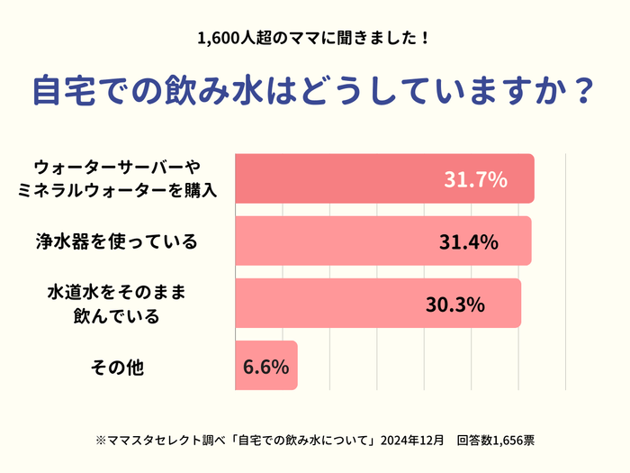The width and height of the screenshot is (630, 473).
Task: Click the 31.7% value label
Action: pyautogui.click(x=475, y=179)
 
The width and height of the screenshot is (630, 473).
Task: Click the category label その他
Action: pyautogui.click(x=118, y=367)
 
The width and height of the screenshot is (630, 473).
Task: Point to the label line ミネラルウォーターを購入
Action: pyautogui.click(x=118, y=190)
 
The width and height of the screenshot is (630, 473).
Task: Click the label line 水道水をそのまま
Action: pyautogui.click(x=117, y=294)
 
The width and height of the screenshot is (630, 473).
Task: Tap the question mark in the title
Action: pyautogui.click(x=583, y=91)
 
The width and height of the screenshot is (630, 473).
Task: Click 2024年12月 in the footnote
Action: pyautogui.click(x=412, y=441)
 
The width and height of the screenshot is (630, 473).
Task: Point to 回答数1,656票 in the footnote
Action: pyautogui.click(x=495, y=441)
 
